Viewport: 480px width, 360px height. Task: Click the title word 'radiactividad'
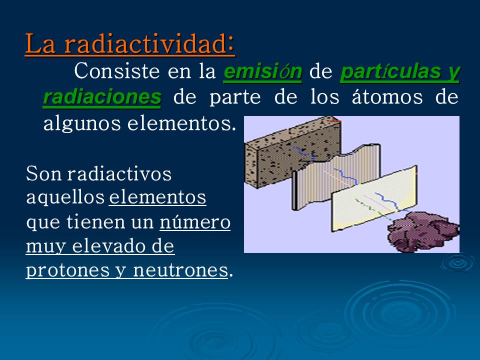click(x=149, y=44)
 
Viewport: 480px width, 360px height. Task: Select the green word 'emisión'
click(x=262, y=72)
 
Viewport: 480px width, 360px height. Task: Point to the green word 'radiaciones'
click(x=102, y=97)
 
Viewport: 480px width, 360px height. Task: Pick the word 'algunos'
click(x=79, y=122)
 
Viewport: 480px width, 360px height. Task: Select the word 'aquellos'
click(x=65, y=197)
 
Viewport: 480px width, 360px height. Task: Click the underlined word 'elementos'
click(x=157, y=197)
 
